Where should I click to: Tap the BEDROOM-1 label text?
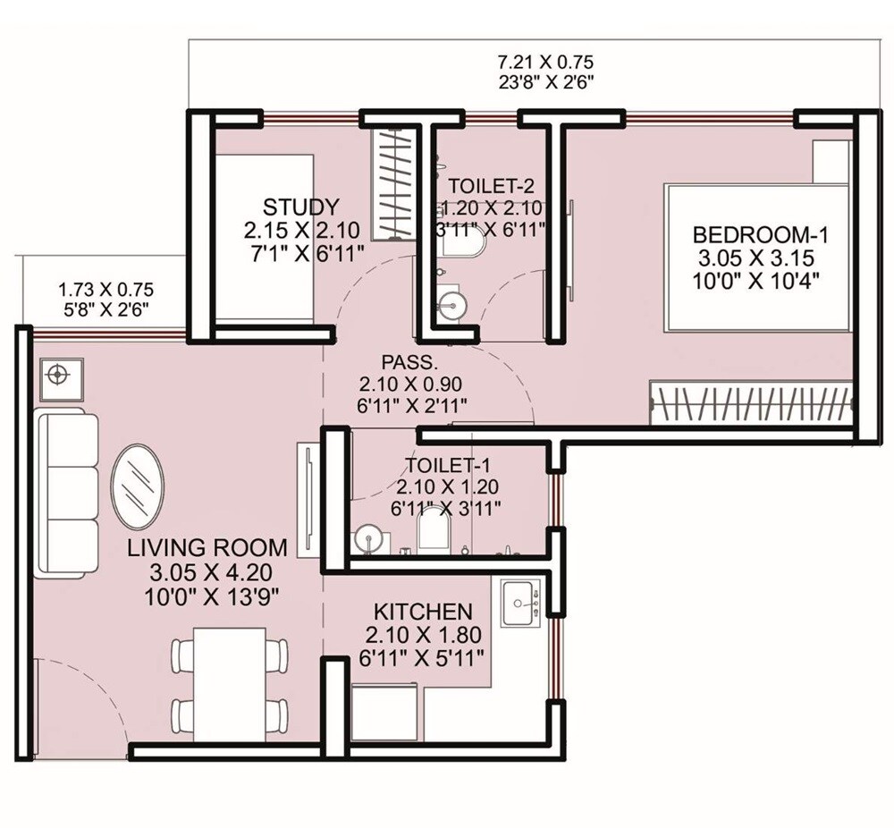pyautogui.click(x=762, y=235)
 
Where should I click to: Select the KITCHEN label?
pyautogui.click(x=423, y=613)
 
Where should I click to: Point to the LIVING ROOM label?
pyautogui.click(x=207, y=547)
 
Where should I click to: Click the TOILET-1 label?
pyautogui.click(x=447, y=465)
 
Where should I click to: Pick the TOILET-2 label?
pyautogui.click(x=491, y=186)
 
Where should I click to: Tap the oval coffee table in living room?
pyautogui.click(x=137, y=486)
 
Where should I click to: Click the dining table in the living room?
pyautogui.click(x=230, y=684)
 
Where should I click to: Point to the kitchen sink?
pyautogui.click(x=520, y=604)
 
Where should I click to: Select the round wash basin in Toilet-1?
pyautogui.click(x=367, y=540)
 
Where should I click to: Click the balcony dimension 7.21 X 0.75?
pyautogui.click(x=545, y=62)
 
